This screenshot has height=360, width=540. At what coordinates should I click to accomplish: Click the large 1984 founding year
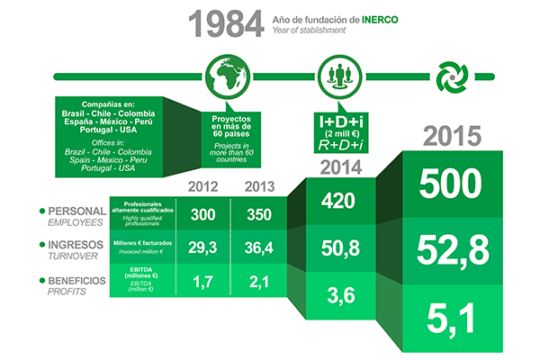click(226, 23)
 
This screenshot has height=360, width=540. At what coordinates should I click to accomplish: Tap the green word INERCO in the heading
click(380, 20)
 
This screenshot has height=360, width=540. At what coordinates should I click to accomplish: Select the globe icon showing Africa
click(228, 76)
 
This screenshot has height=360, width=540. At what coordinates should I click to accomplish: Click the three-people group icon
click(339, 76)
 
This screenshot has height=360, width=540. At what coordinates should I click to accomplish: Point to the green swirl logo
click(452, 76)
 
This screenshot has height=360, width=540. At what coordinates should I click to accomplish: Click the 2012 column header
click(202, 186)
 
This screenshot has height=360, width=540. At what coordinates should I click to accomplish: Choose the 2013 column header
click(260, 186)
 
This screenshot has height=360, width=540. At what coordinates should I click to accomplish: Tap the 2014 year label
click(341, 167)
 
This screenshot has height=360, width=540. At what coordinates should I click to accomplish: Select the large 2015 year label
click(452, 136)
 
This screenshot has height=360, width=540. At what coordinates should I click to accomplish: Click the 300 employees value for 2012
click(203, 214)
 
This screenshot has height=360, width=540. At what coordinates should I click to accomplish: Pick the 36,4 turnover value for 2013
click(259, 247)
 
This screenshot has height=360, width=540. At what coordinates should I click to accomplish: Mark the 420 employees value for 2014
click(338, 201)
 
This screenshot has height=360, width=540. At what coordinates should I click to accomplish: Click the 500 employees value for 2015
click(451, 184)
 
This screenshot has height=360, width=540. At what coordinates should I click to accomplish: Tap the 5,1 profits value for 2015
click(451, 319)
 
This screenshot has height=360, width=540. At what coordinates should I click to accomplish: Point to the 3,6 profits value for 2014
click(341, 295)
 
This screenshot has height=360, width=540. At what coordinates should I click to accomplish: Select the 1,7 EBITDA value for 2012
click(202, 282)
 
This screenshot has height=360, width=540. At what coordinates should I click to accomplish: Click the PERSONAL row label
click(77, 211)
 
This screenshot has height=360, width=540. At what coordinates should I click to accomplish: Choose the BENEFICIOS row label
click(76, 281)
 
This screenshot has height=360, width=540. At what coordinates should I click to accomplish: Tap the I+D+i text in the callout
click(341, 121)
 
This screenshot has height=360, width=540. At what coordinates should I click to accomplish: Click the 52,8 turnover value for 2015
click(453, 250)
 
